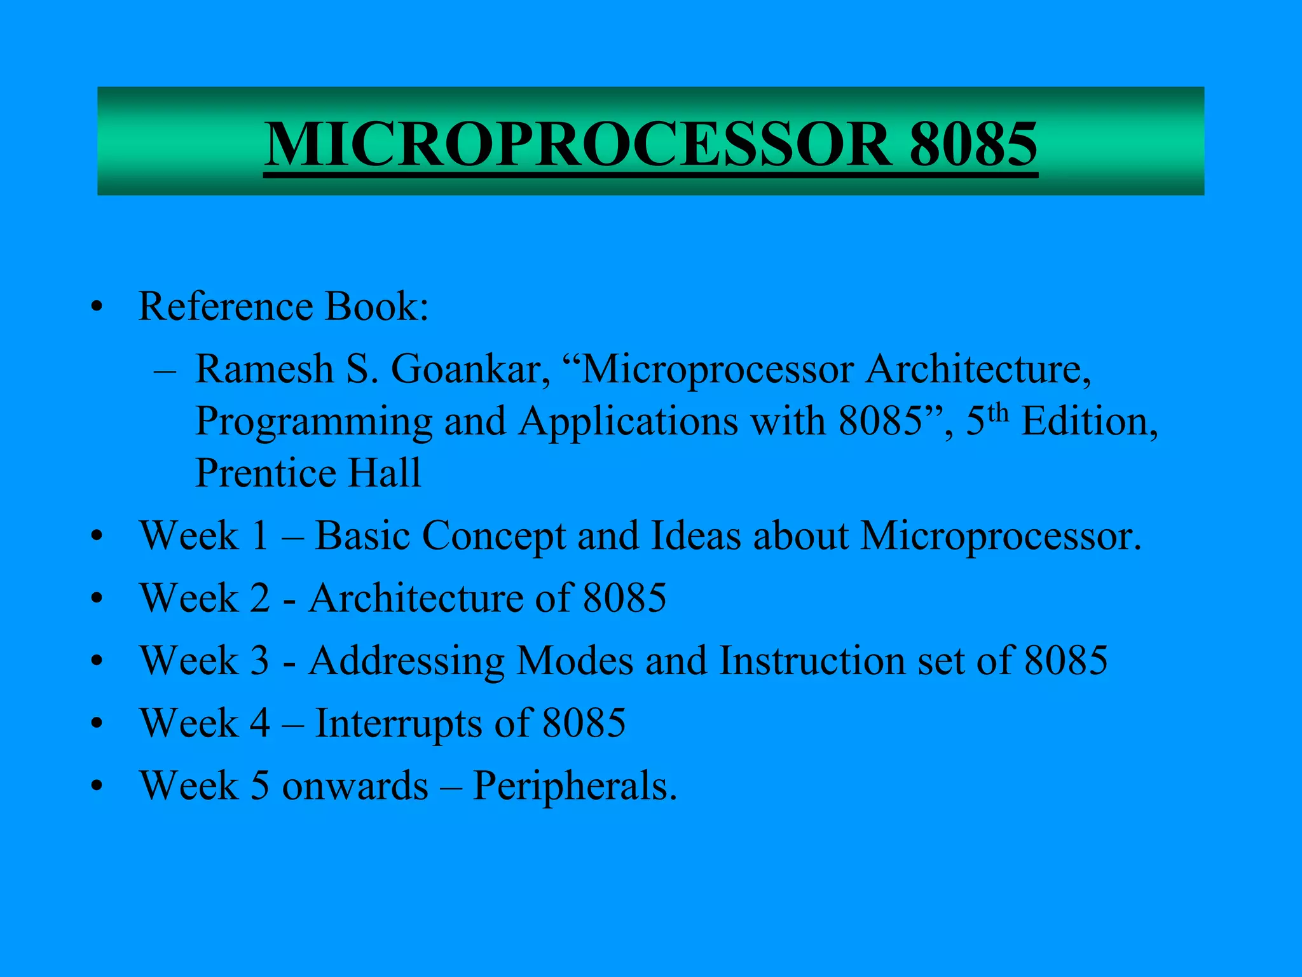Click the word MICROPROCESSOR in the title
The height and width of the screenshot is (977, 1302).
tap(577, 144)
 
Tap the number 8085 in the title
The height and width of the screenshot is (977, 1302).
tap(973, 144)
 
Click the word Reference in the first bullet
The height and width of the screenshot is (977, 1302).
tap(225, 307)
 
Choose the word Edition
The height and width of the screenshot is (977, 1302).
tap(1090, 421)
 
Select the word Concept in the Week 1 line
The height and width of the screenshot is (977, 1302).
tap(493, 536)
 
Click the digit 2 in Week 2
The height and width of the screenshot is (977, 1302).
tap(259, 599)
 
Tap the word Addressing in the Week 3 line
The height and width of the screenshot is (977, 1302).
tap(407, 661)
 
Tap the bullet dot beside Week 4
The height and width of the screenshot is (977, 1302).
tap(97, 724)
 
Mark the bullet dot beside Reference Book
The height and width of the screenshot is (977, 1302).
tap(97, 308)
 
